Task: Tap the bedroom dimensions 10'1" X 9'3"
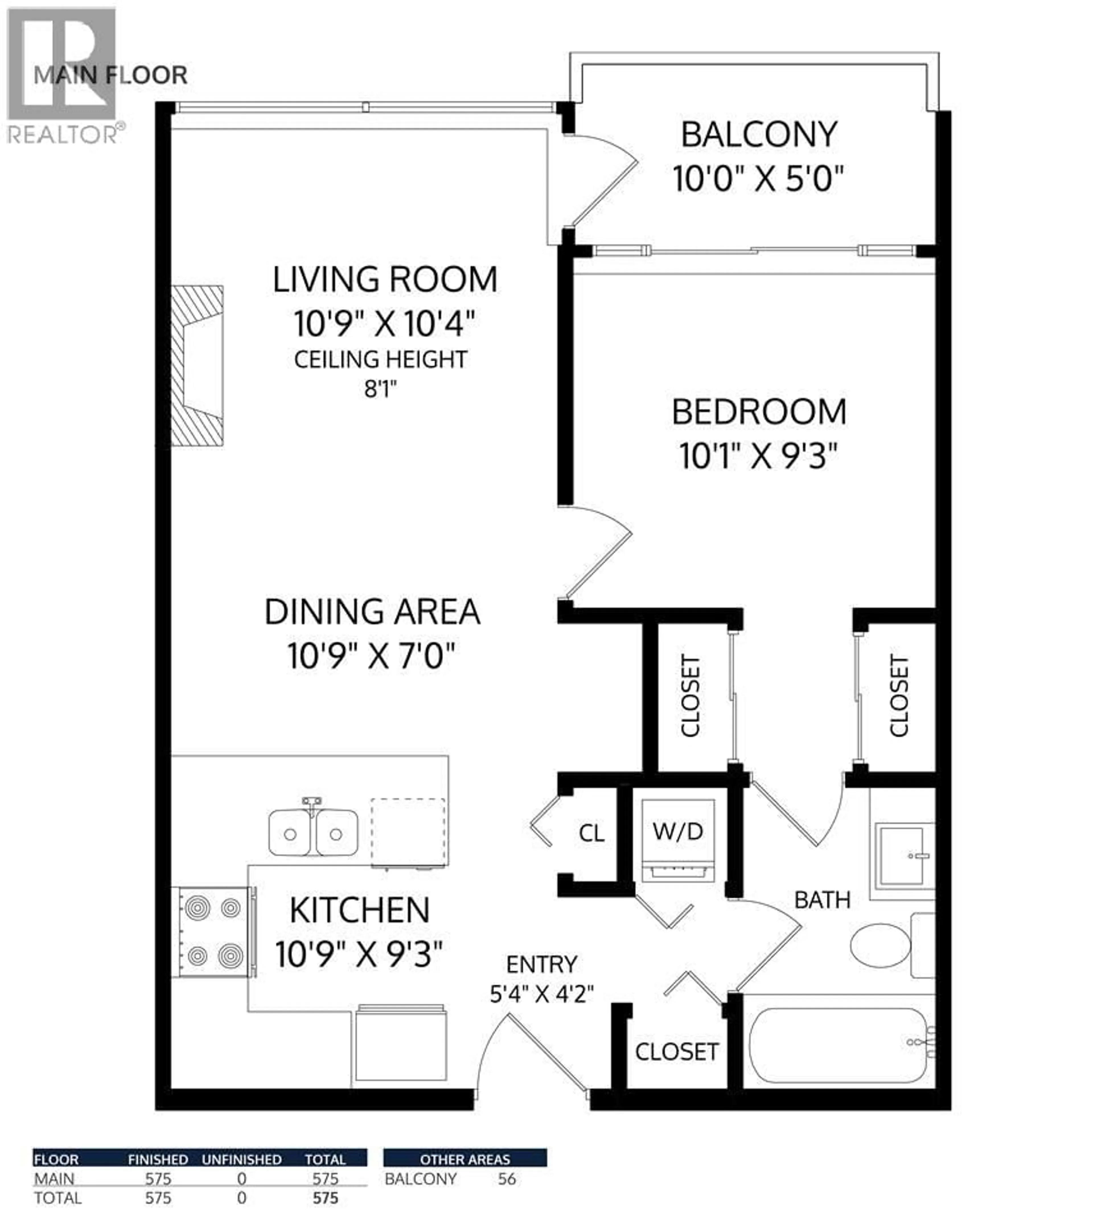pyautogui.click(x=758, y=456)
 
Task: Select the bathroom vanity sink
pyautogui.click(x=902, y=855)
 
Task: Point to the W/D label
pyautogui.click(x=677, y=832)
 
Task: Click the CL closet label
pyautogui.click(x=591, y=833)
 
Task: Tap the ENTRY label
pyautogui.click(x=541, y=965)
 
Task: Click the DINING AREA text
pyautogui.click(x=372, y=612)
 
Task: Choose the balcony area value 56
pyautogui.click(x=506, y=1179)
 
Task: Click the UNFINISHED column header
pyautogui.click(x=241, y=1160)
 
